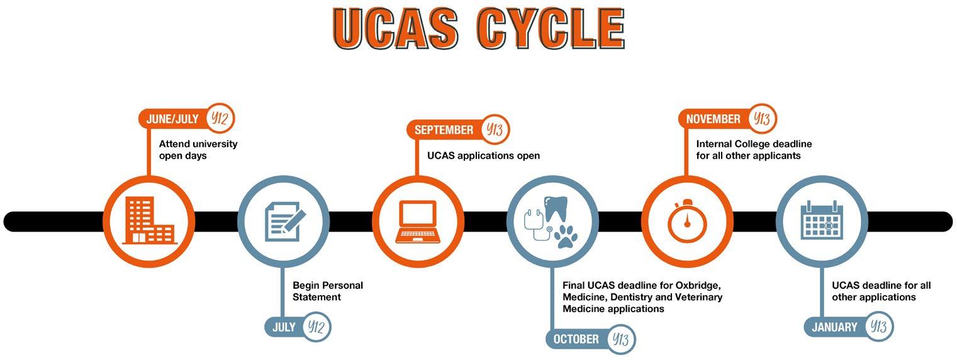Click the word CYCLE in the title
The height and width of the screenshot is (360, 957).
click(550, 29)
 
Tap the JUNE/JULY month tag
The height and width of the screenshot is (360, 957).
click(172, 119)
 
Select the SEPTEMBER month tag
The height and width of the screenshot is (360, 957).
click(444, 130)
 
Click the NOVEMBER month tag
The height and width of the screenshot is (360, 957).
click(713, 119)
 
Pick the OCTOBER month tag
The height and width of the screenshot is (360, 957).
click(576, 339)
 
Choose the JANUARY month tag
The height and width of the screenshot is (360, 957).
click(834, 327)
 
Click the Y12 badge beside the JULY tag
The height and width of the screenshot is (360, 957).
click(316, 327)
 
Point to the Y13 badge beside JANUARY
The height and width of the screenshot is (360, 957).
click(878, 327)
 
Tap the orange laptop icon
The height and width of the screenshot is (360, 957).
click(418, 222)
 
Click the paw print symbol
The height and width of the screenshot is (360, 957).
click(566, 236)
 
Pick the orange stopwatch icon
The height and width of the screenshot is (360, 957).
click(687, 222)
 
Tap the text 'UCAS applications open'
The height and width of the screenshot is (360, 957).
click(483, 155)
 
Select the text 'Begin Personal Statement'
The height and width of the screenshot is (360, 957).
click(327, 291)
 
